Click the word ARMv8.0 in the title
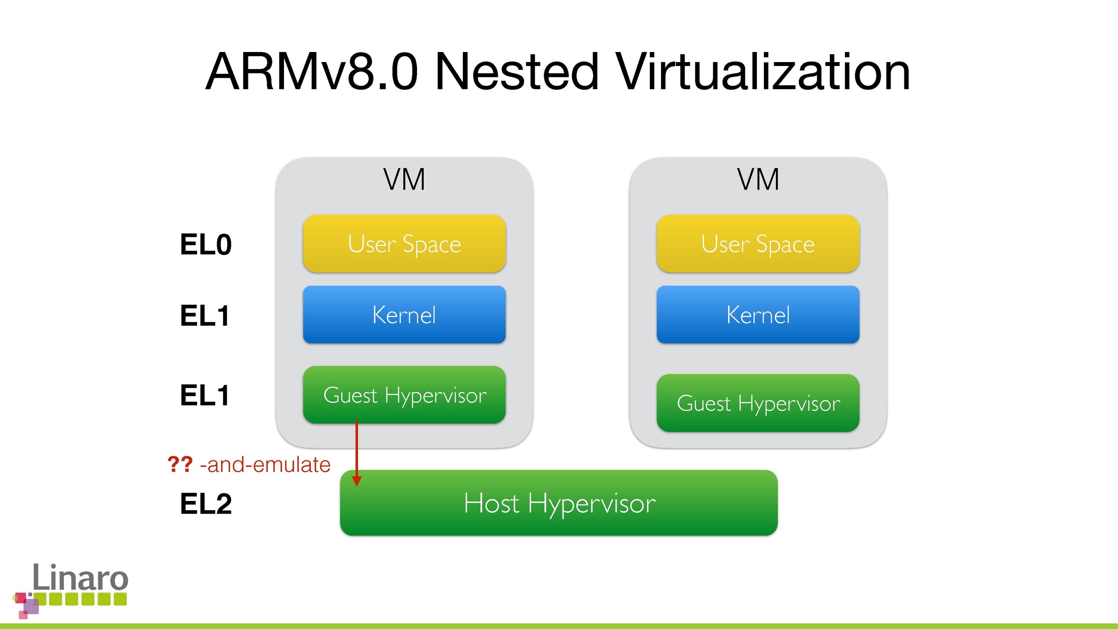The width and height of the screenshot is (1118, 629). tap(312, 72)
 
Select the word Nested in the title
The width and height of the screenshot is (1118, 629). tap(516, 72)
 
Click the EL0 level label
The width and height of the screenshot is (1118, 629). tap(206, 245)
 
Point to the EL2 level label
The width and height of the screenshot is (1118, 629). tap(206, 504)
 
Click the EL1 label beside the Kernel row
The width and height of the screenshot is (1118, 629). tap(205, 316)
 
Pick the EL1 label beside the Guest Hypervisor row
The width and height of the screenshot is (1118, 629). tap(205, 396)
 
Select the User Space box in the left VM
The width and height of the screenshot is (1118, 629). tap(404, 244)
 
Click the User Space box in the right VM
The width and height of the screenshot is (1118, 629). tap(758, 244)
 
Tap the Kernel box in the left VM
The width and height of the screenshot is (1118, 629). tap(404, 314)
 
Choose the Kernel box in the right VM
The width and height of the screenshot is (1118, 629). tap(758, 314)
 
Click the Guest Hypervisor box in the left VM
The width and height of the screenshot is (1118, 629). tap(404, 395)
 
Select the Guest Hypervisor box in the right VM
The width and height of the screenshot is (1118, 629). tap(758, 403)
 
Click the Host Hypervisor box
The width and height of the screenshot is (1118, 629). tap(559, 503)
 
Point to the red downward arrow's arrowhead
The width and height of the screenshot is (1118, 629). tap(357, 481)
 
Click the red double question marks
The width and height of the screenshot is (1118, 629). tap(180, 464)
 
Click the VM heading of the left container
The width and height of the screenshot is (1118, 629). tap(404, 180)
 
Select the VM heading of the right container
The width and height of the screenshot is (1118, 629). tap(758, 180)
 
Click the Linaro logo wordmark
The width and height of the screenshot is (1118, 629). tap(80, 577)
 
